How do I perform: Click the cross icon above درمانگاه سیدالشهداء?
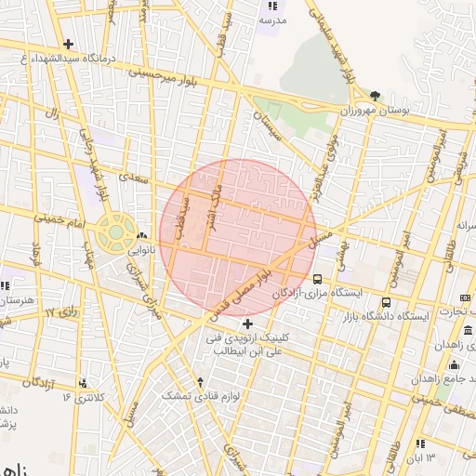tap(68, 44)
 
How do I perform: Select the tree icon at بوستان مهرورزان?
tap(375, 96)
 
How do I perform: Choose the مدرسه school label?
tap(272, 19)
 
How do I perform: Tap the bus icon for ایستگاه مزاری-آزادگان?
tap(318, 278)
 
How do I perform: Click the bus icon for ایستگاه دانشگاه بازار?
tap(386, 302)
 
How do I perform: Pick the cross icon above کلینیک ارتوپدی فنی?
tap(247, 323)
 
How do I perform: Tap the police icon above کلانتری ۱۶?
tap(84, 382)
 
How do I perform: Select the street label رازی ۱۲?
tap(60, 313)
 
